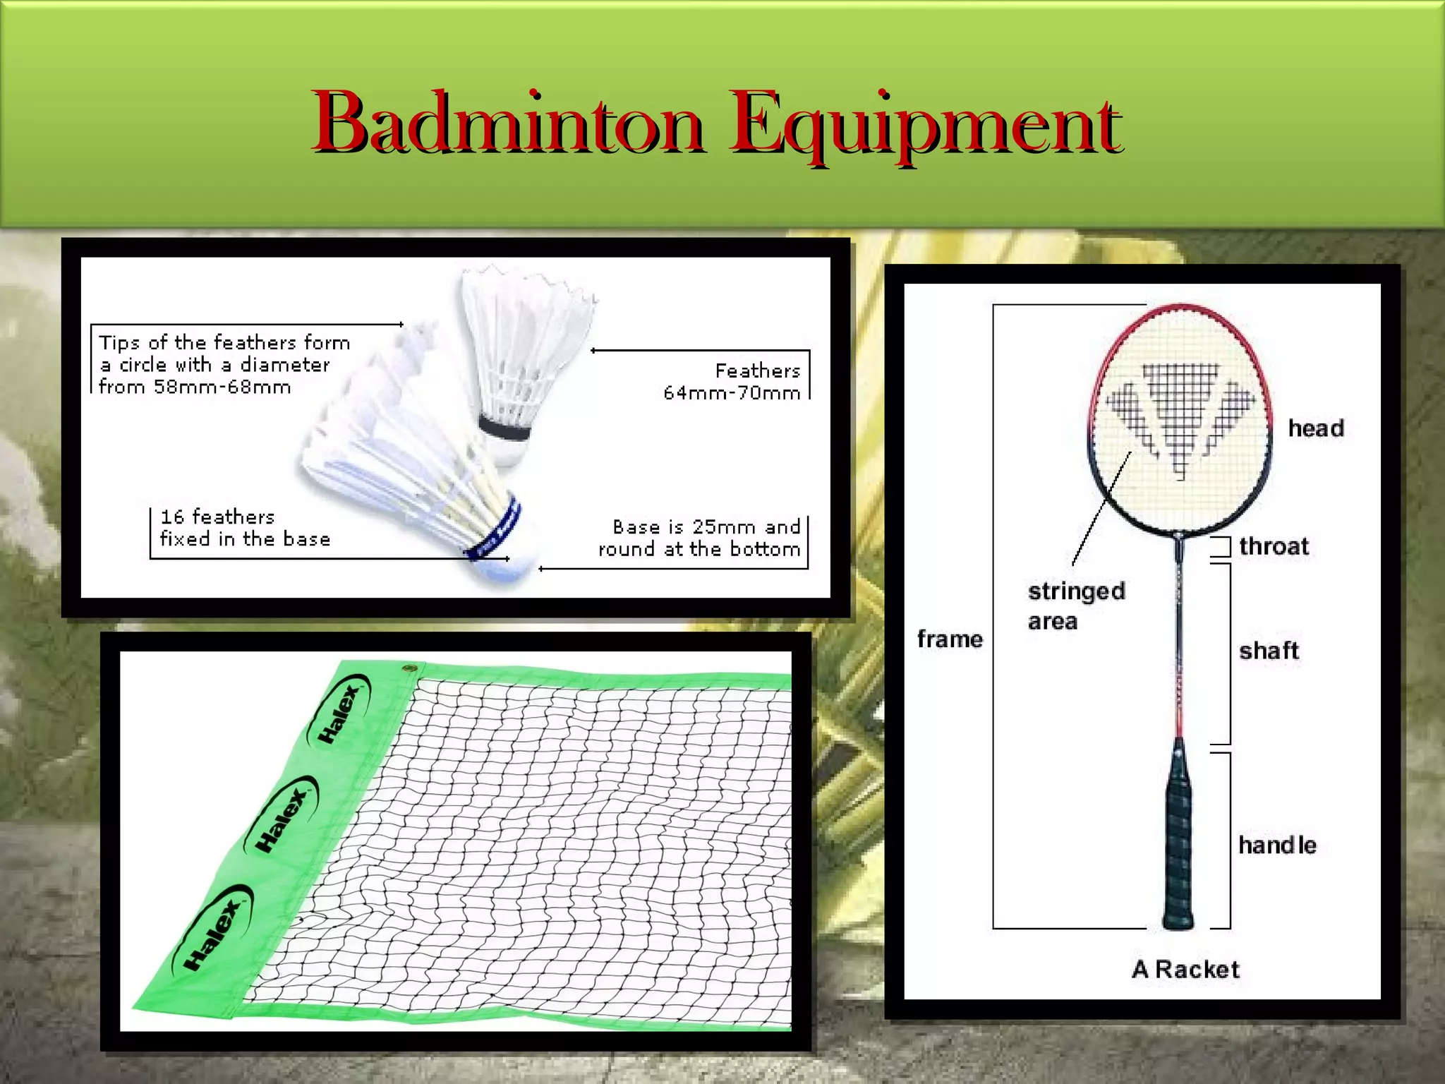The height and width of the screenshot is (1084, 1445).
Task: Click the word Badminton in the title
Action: click(x=508, y=124)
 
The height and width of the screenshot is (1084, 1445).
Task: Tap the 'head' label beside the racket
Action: click(x=1316, y=428)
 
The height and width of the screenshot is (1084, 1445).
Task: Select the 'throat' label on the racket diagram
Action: click(x=1274, y=546)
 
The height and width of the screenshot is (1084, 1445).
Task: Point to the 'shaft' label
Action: click(x=1269, y=651)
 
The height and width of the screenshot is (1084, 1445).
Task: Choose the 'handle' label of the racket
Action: click(x=1277, y=845)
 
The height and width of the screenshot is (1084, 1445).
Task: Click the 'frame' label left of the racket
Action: click(x=950, y=639)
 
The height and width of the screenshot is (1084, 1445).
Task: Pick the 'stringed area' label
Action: click(x=1075, y=606)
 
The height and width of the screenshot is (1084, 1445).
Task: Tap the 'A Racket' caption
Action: click(x=1185, y=970)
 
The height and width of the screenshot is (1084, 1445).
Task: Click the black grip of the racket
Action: click(x=1177, y=840)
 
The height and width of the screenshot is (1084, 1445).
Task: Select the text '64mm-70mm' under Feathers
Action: click(x=732, y=393)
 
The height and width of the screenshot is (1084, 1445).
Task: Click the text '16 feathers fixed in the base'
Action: click(x=244, y=528)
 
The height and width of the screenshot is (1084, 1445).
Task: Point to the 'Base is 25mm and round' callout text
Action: click(x=700, y=538)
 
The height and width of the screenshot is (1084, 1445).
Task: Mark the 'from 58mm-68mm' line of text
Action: click(x=195, y=387)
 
